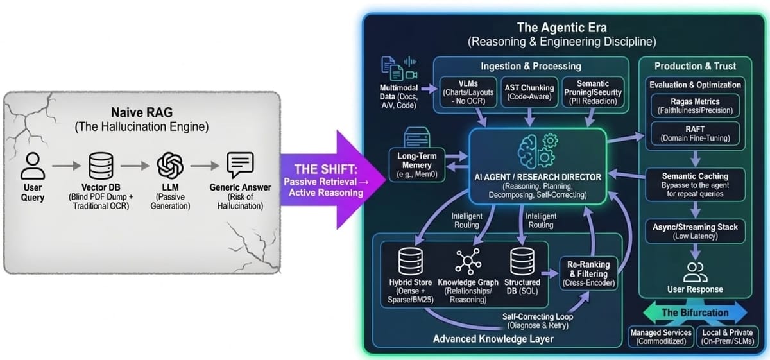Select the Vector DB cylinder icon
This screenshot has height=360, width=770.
pyautogui.click(x=100, y=166)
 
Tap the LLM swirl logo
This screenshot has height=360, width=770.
pyautogui.click(x=170, y=166)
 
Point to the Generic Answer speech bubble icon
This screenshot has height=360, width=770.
pyautogui.click(x=236, y=166)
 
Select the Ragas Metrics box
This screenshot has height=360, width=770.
pyautogui.click(x=696, y=105)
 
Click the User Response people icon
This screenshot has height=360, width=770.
pyautogui.click(x=694, y=273)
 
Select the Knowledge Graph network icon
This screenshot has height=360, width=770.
pyautogui.click(x=465, y=261)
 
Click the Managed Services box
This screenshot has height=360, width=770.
pyautogui.click(x=661, y=337)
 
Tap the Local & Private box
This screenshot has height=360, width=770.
pyautogui.click(x=726, y=337)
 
